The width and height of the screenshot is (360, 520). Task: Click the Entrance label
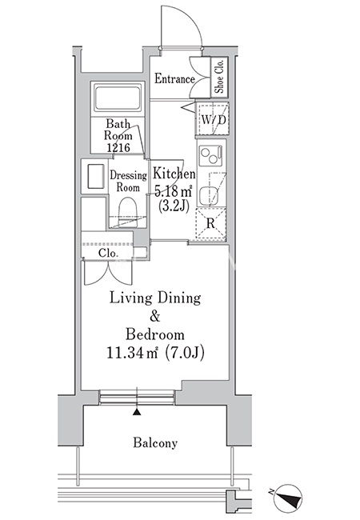[174, 79]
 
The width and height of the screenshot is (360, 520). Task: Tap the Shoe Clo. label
[219, 78]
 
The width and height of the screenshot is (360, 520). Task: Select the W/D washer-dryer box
[212, 118]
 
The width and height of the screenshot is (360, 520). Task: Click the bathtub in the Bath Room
[117, 98]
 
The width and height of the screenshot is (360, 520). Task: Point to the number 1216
[118, 147]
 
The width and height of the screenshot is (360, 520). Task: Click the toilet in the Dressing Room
[128, 212]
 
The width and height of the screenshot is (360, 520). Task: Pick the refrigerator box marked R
[211, 223]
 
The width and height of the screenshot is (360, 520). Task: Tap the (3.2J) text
[174, 206]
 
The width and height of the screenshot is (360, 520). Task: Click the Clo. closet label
[108, 254]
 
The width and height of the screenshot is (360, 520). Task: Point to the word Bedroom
[155, 334]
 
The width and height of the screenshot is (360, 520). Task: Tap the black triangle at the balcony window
[137, 412]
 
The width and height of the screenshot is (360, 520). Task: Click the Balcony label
[155, 442]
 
